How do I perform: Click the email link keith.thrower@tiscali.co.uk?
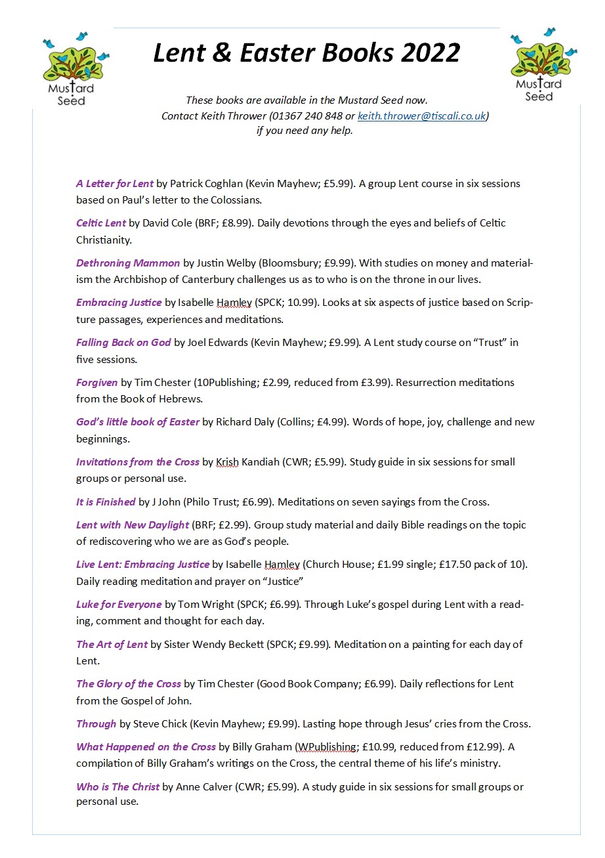421,116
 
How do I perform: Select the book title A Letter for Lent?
115,184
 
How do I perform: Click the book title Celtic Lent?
101,223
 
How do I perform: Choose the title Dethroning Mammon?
128,263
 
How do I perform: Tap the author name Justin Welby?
226,263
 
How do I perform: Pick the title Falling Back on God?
123,343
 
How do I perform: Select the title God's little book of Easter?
138,422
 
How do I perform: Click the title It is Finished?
106,502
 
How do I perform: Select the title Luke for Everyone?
119,605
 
